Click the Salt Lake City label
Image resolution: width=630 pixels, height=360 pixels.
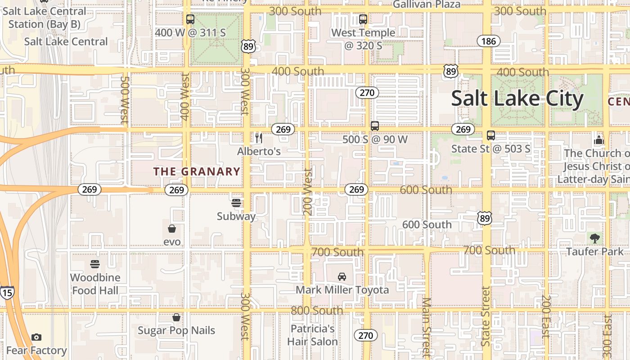(517, 99)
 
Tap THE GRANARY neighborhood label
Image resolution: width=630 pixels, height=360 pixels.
(197, 171)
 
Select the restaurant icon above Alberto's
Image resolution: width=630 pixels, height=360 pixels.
(259, 138)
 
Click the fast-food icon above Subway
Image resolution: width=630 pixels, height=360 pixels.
(236, 203)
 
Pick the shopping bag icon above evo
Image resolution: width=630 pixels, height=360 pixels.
(172, 229)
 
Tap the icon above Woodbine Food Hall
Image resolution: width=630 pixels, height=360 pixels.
(95, 264)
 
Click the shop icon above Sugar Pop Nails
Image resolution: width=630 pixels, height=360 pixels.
(176, 318)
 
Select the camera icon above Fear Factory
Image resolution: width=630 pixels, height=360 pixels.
(36, 337)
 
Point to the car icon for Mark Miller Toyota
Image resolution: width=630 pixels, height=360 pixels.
(342, 276)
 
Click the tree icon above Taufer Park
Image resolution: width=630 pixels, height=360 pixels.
(594, 238)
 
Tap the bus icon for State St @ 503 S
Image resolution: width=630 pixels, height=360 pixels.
(491, 135)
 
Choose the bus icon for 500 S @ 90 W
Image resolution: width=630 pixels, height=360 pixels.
(375, 126)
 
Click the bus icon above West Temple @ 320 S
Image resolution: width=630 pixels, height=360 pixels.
(363, 19)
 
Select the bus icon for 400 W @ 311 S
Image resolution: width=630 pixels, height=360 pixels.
(190, 19)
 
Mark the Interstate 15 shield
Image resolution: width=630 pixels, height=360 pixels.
(7, 292)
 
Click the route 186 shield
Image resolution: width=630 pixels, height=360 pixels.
(488, 41)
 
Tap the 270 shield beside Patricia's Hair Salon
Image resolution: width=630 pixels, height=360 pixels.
(366, 335)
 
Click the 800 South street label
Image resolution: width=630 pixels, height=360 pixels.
(317, 310)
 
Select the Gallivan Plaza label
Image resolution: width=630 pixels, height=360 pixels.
(427, 4)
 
